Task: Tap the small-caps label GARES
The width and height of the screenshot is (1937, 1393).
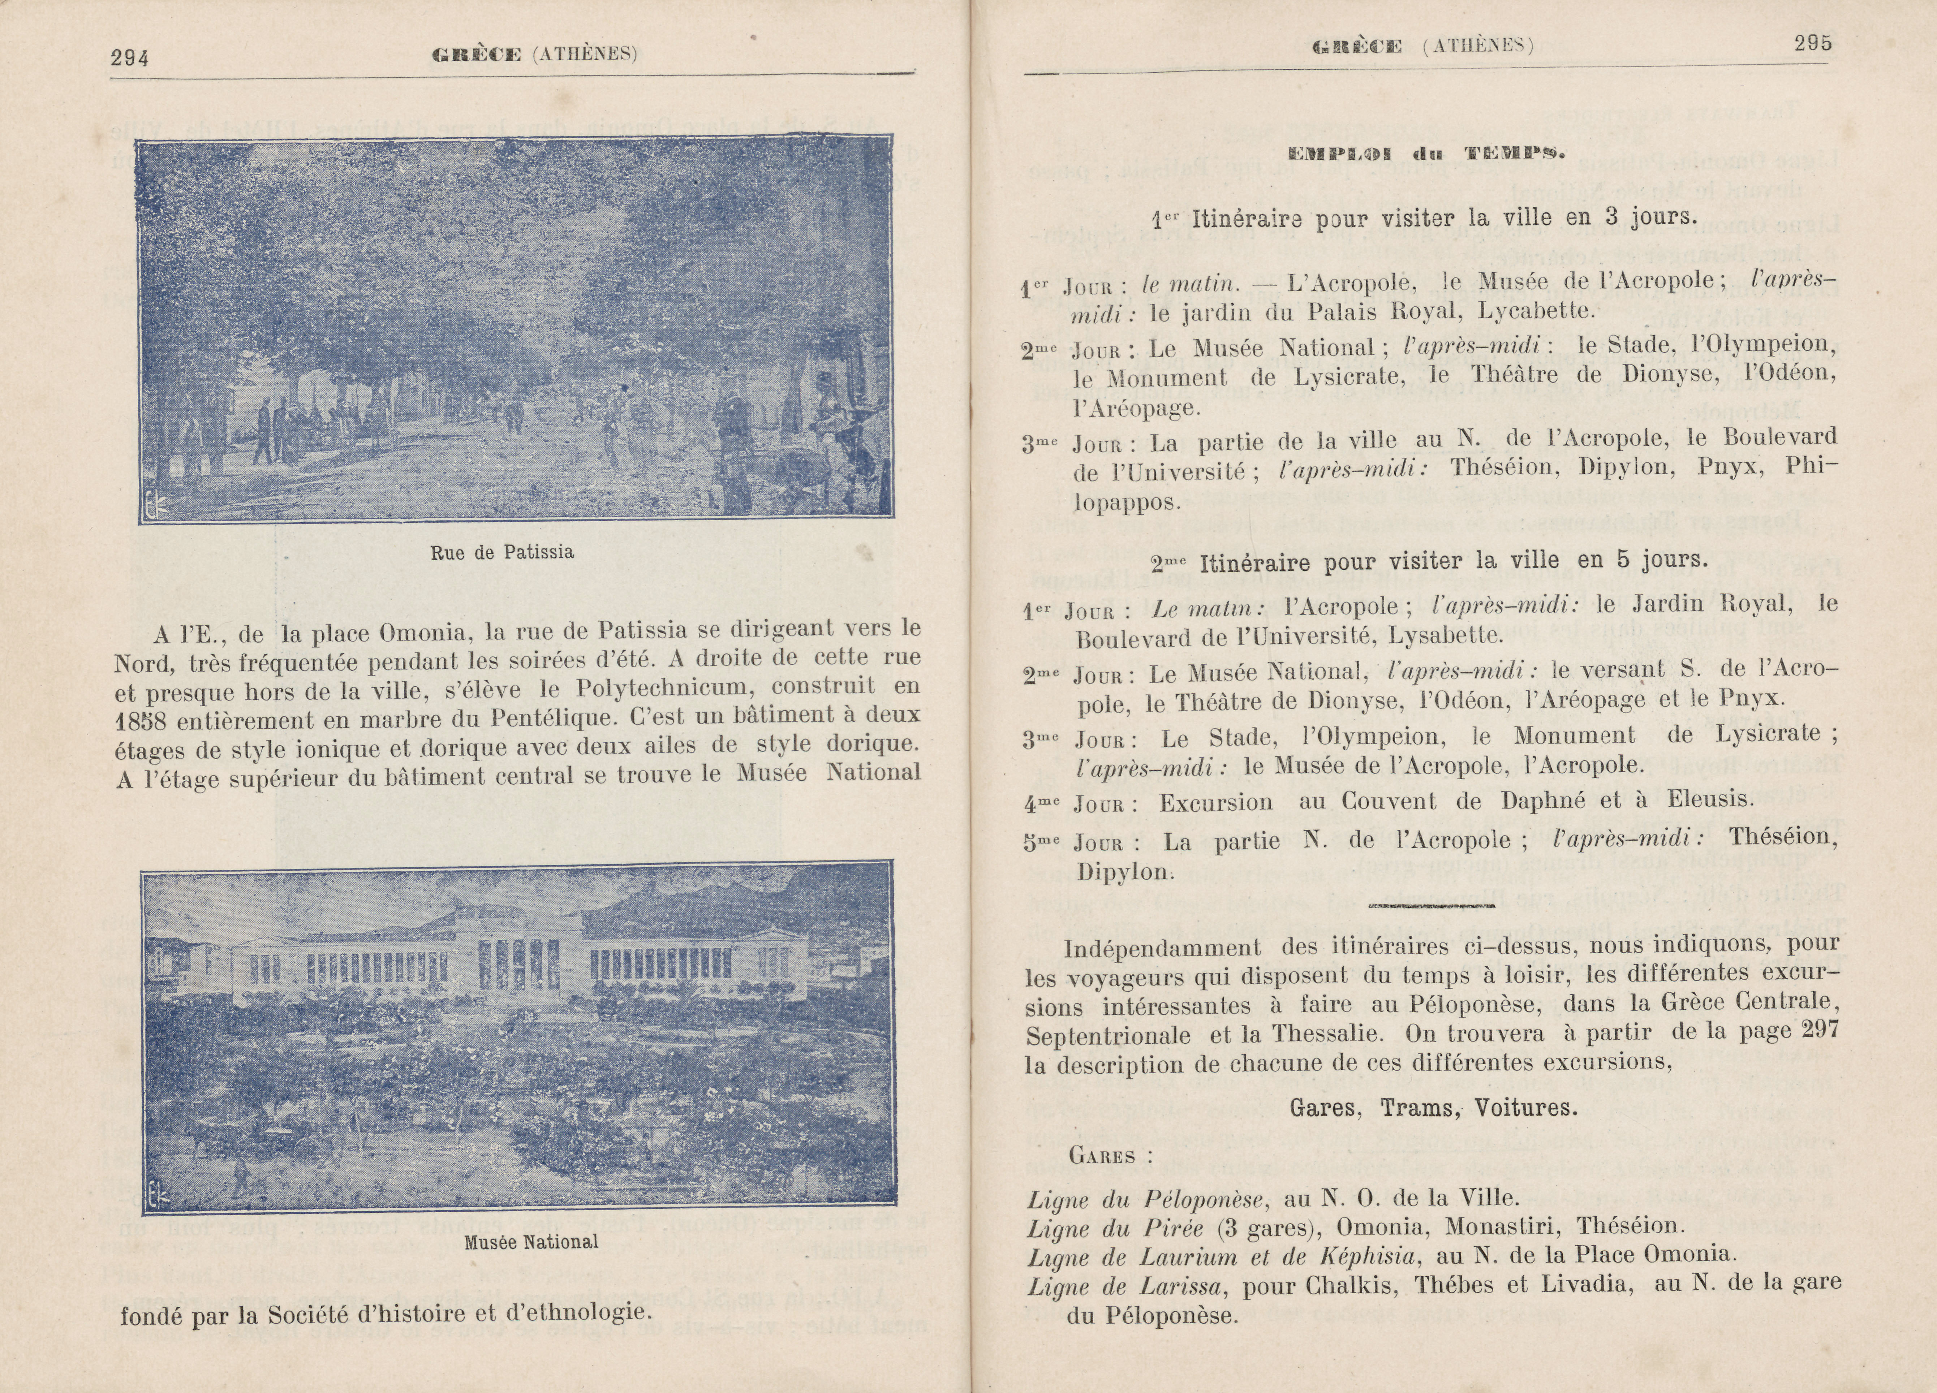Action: pyautogui.click(x=1102, y=1156)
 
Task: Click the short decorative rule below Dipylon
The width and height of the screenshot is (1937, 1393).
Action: pyautogui.click(x=1430, y=905)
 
